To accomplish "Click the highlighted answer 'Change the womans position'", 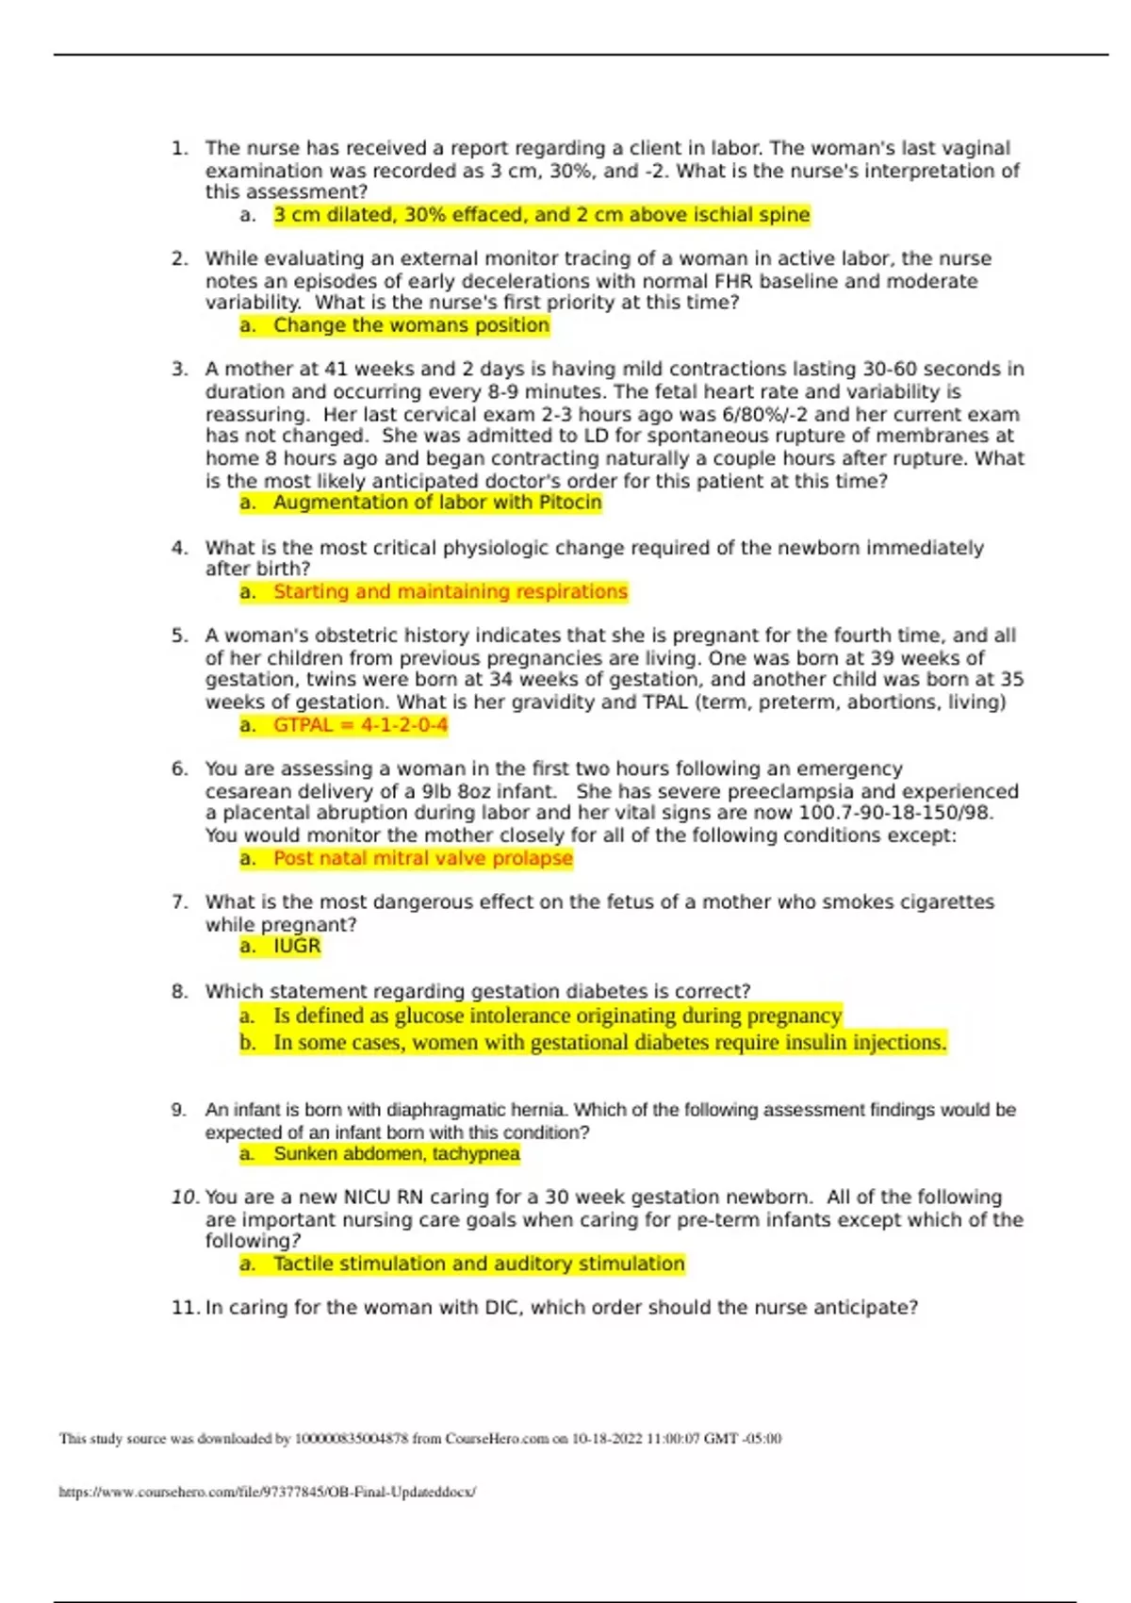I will (x=411, y=325).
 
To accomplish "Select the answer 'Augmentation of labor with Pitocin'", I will (x=437, y=503).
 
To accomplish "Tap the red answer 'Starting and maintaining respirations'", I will (x=451, y=591).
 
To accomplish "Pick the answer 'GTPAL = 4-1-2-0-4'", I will (x=360, y=725).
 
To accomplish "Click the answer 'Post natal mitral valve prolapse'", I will (x=423, y=858).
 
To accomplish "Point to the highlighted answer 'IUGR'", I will (x=297, y=946).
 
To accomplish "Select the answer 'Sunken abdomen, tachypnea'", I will (x=397, y=1153).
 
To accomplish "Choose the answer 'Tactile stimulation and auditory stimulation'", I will (x=479, y=1264).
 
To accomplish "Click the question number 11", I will (x=184, y=1308).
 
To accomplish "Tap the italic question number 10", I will (x=184, y=1198).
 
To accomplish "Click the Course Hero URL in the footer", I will (x=268, y=1492).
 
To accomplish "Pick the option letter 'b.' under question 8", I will (x=248, y=1043).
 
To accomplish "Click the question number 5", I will (x=180, y=636).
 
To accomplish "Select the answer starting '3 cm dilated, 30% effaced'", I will (x=541, y=215).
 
